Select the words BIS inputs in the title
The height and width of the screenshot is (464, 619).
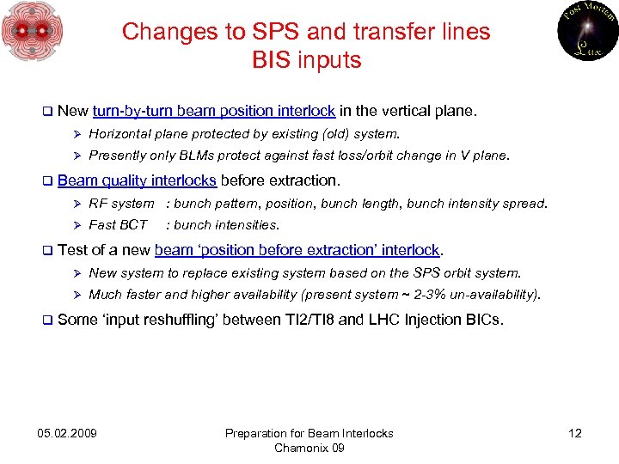point(306,60)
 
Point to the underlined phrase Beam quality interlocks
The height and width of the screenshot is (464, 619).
point(137,180)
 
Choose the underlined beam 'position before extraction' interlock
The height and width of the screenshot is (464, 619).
point(297,250)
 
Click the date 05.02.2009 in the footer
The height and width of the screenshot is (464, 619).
point(68,433)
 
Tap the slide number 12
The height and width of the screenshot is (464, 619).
point(574,433)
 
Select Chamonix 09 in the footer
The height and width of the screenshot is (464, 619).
point(309,448)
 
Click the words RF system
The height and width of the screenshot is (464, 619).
point(121,204)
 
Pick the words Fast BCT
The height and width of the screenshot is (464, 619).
point(118,225)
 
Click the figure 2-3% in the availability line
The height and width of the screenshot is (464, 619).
point(433,295)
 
